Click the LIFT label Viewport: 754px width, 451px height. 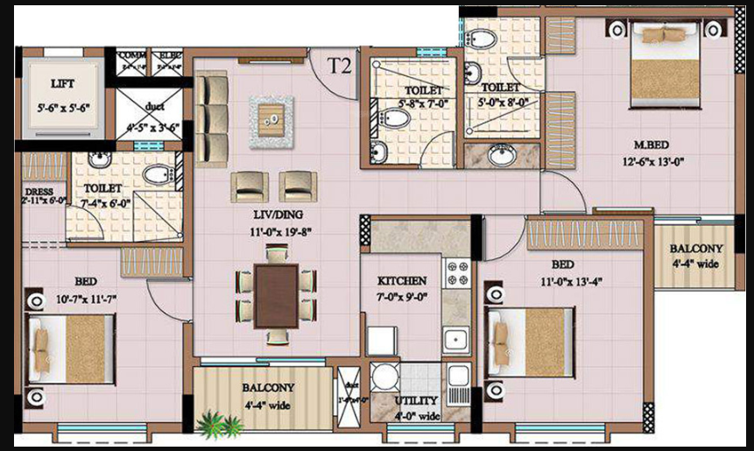62,84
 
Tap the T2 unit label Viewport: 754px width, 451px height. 339,66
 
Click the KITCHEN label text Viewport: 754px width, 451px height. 402,281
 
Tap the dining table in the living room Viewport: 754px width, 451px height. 276,294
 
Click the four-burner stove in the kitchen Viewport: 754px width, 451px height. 457,274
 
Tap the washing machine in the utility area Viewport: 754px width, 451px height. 384,377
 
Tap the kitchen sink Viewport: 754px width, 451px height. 455,338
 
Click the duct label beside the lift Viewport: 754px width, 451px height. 155,107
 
